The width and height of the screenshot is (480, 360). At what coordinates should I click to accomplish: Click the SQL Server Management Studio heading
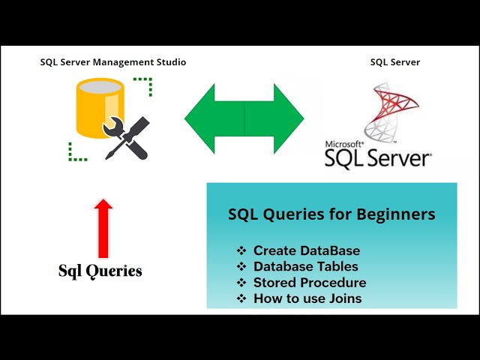pos(112,62)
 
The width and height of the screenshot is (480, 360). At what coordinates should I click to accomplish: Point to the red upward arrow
pos(103,227)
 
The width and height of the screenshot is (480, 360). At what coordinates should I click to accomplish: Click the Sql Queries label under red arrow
pos(100,271)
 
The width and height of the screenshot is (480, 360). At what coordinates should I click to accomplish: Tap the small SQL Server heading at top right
pos(395,62)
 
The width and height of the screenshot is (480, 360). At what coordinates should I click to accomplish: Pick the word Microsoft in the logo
pos(344,144)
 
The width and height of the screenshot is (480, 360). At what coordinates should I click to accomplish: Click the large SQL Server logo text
pos(379,158)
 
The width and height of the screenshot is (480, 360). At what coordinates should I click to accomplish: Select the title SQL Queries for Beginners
pos(331,214)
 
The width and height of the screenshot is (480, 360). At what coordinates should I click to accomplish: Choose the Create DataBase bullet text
pos(307,250)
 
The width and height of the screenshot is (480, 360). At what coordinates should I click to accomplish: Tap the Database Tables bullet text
pos(305,266)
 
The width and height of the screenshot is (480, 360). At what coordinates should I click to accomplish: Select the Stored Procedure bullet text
pos(310,283)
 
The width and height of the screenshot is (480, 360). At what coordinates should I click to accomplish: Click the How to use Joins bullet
pos(307,298)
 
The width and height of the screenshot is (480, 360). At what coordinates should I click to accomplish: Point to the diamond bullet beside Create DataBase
pos(241,250)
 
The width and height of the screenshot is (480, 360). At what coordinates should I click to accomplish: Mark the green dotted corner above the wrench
pos(145,85)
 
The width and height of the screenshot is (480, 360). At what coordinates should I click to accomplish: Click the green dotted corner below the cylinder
pos(76,153)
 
